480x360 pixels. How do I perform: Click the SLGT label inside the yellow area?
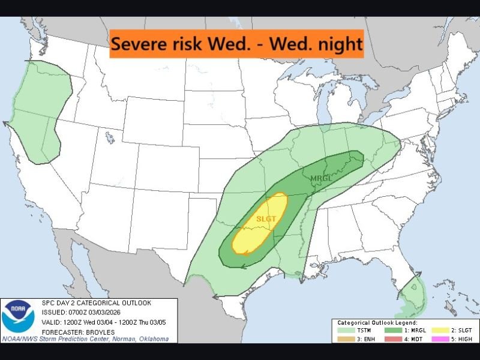[x=266, y=219]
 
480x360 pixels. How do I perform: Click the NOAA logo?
[x=17, y=319]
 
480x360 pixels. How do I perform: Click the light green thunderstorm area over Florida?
[x=411, y=296]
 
